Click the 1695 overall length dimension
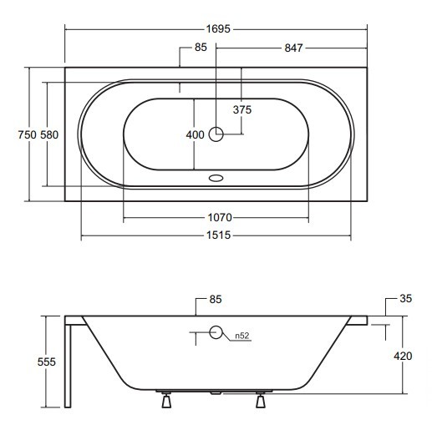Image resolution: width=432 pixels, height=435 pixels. (218, 29)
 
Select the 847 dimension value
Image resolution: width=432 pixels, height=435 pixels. (293, 48)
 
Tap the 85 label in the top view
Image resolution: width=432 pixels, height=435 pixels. (201, 48)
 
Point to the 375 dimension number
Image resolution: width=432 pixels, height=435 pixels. (242, 110)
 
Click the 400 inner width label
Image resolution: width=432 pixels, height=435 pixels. (195, 135)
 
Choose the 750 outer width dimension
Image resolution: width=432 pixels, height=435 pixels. (27, 135)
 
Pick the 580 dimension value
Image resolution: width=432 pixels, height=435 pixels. (49, 135)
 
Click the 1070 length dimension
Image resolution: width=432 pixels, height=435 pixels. (220, 217)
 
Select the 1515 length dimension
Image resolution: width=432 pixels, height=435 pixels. (218, 235)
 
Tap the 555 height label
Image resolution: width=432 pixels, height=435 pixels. (47, 362)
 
